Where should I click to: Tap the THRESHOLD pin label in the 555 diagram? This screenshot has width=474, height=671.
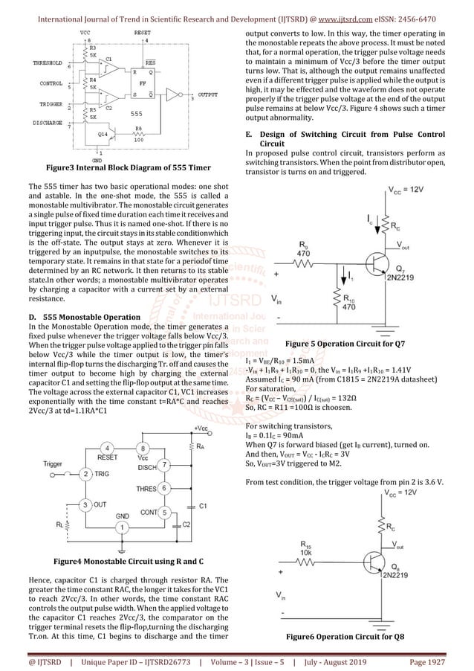[x=48, y=64]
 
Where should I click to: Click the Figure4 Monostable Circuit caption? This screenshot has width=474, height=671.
[x=122, y=559]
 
